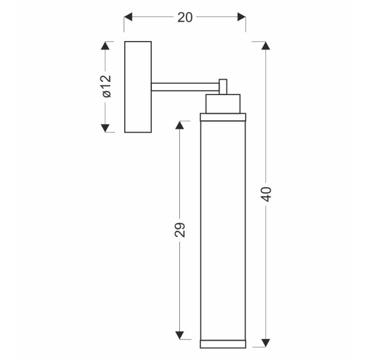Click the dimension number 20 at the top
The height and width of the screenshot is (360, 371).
(185, 18)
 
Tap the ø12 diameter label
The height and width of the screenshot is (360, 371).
(107, 86)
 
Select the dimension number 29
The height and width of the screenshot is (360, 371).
(179, 230)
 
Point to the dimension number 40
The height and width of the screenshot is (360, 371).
(266, 194)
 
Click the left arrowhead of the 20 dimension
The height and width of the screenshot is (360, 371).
(128, 17)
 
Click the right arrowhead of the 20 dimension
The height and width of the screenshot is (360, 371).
(241, 17)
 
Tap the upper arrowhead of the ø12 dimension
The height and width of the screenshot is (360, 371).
(105, 46)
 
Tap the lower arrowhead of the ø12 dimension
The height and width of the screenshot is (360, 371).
(105, 128)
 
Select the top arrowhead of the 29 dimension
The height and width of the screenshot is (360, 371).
(179, 125)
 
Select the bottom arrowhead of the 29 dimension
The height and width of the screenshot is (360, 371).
(179, 335)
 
